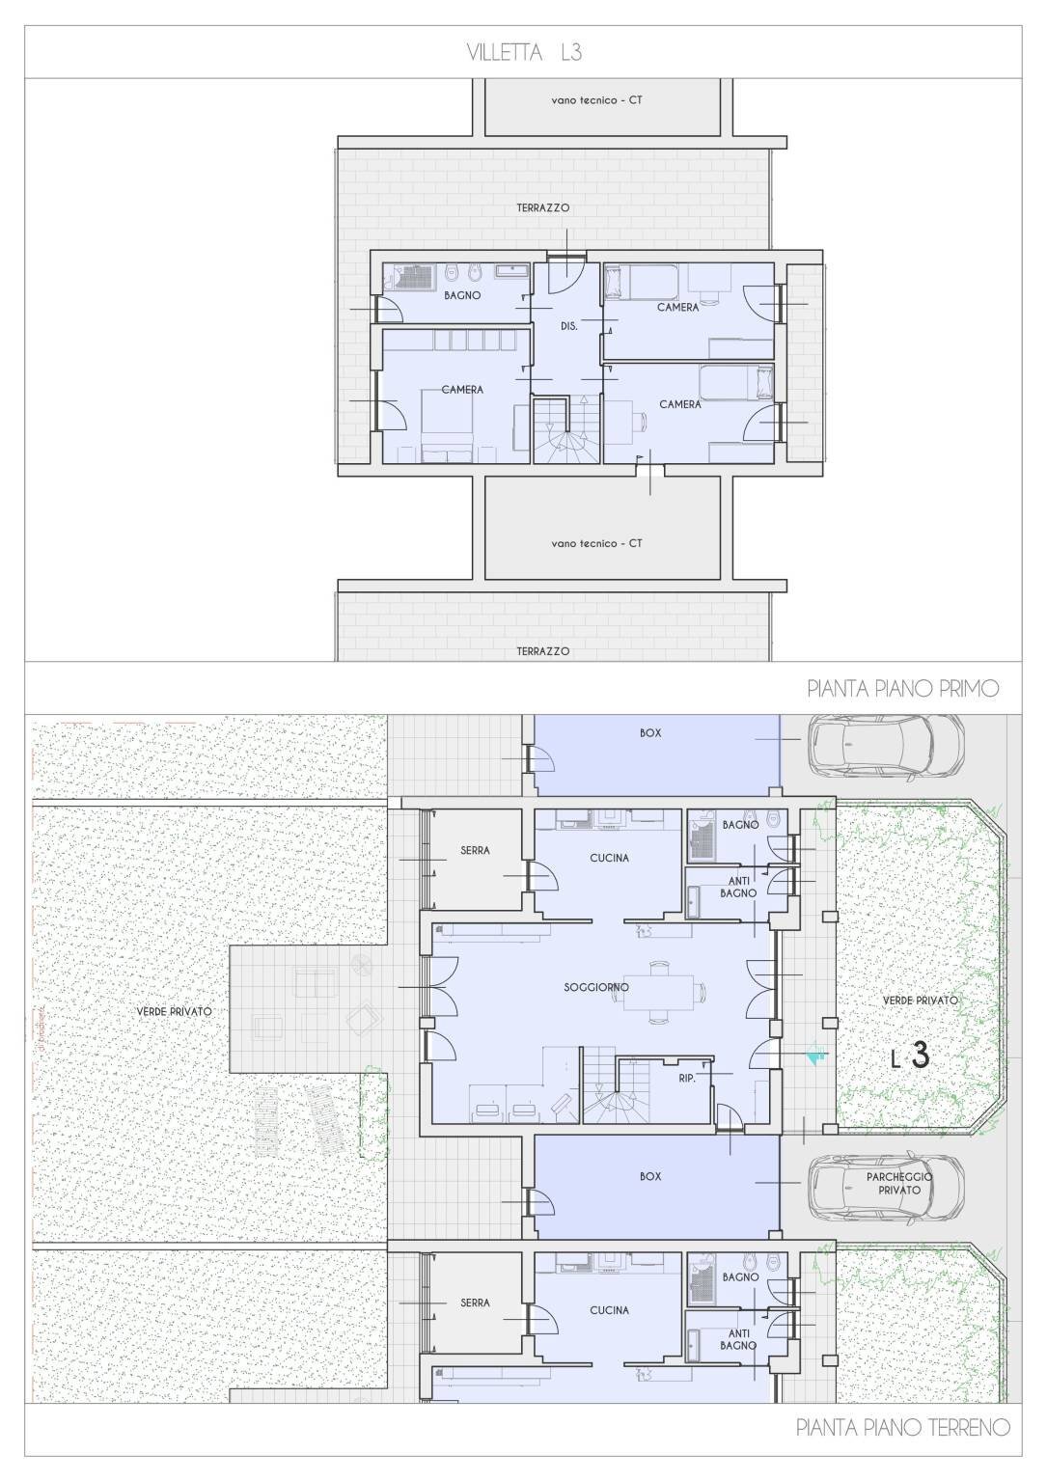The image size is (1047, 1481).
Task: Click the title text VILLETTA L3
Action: click(x=524, y=52)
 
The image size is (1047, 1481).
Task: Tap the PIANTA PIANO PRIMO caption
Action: click(x=903, y=689)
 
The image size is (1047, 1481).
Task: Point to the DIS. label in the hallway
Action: click(x=568, y=326)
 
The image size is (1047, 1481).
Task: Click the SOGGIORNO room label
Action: click(x=596, y=987)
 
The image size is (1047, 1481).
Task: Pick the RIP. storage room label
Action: click(x=687, y=1078)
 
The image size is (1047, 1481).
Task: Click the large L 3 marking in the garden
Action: click(x=911, y=1056)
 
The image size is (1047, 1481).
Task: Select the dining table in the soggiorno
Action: click(x=659, y=993)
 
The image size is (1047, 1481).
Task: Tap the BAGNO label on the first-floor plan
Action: click(x=462, y=295)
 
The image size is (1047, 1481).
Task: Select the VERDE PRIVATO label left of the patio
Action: click(x=175, y=1011)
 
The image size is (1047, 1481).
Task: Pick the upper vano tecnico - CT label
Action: click(x=596, y=100)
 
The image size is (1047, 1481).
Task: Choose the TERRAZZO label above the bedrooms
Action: click(x=543, y=207)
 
